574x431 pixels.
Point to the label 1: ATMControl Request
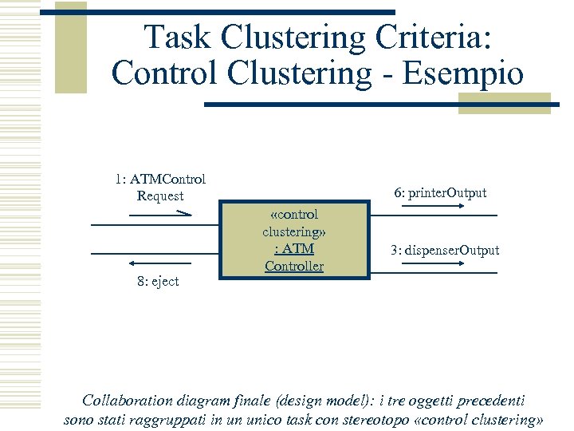click(159, 188)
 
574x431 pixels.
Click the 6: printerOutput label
click(440, 193)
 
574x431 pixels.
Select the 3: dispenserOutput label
click(445, 250)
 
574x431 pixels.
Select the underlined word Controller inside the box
click(294, 267)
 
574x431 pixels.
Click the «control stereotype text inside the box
click(294, 214)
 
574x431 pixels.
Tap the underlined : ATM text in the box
click(294, 249)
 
